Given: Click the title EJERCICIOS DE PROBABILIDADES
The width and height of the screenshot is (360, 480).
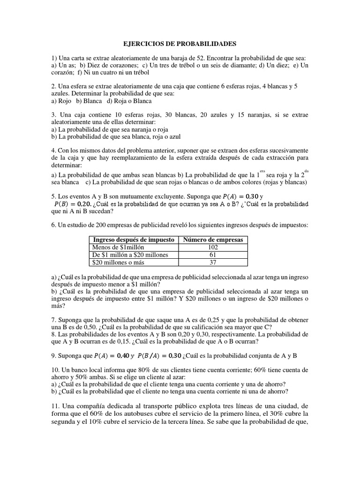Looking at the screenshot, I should pos(180,44).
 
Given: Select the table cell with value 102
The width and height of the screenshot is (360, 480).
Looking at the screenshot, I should pos(213,247).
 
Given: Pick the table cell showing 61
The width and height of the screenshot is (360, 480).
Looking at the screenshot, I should pos(213,255).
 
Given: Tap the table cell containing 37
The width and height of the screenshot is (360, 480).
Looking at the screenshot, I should pos(213,262).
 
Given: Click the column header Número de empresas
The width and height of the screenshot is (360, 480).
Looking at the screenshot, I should pos(213,240).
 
